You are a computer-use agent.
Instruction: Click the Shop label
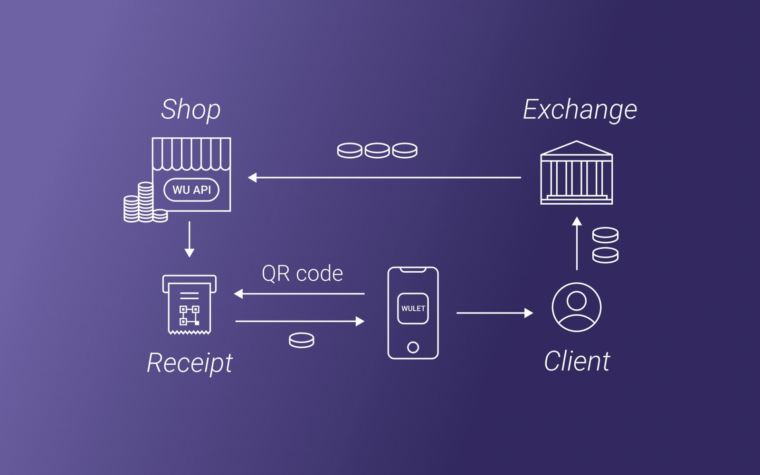190,110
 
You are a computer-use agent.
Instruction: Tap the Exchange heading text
580,110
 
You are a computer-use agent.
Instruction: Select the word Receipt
190,363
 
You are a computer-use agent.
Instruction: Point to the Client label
577,361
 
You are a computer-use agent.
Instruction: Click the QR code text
302,274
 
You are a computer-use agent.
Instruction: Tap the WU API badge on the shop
191,190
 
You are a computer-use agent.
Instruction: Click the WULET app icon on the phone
413,308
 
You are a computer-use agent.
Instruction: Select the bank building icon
577,172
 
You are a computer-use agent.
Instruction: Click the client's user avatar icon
577,307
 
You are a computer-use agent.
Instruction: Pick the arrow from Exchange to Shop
384,178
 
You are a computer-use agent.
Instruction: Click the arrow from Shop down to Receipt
190,239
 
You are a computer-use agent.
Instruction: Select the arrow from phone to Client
494,313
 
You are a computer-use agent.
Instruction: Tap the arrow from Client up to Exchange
577,243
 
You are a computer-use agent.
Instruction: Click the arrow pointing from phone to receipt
299,294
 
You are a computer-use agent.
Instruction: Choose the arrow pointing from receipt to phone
300,321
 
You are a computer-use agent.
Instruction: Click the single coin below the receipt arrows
302,340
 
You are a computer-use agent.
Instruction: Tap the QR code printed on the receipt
190,315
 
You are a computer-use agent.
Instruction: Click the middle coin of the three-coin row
377,150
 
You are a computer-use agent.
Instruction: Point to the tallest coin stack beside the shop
145,202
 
